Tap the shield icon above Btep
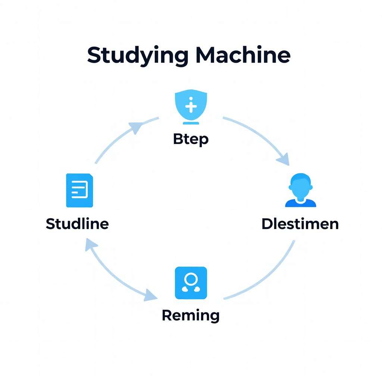coord(191,105)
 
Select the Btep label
coord(191,140)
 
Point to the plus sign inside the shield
coord(191,106)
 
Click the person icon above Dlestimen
coord(301,190)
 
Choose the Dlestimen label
coord(300,224)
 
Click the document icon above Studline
coord(79,190)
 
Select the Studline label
coord(77,224)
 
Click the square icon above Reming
coord(191,283)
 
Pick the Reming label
coord(191,316)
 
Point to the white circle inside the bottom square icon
coord(191,278)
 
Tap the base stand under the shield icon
coord(191,123)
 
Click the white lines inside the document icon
coord(79,189)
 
